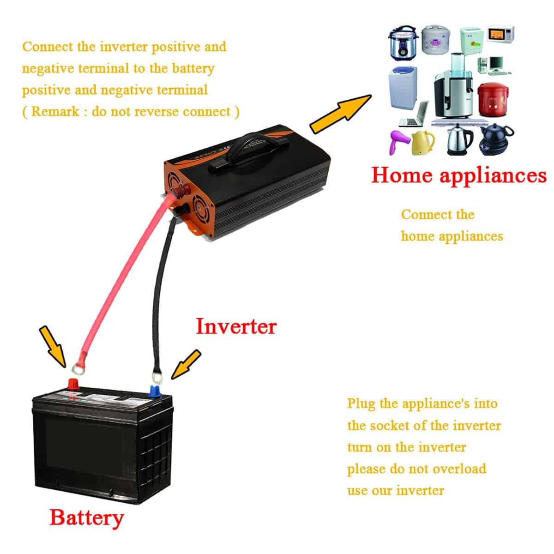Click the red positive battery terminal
(x=73, y=384)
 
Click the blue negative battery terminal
(x=155, y=391)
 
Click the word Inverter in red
(x=236, y=326)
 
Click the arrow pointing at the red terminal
(x=52, y=345)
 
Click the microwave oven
(x=501, y=34)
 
